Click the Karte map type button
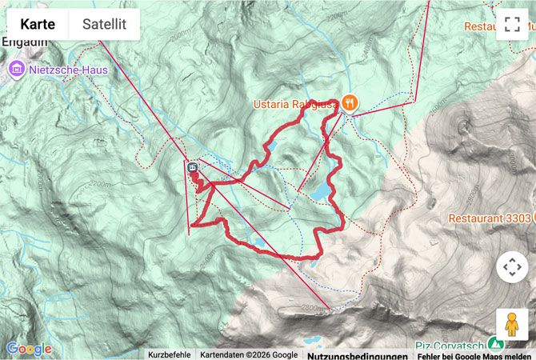(x=37, y=25)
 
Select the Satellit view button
(x=104, y=25)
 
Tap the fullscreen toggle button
(x=512, y=24)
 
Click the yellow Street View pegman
(x=512, y=325)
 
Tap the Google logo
(x=29, y=349)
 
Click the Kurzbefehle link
(x=170, y=354)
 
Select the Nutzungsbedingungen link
(x=351, y=354)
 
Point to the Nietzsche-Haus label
(x=67, y=70)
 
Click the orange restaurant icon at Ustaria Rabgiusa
(x=349, y=102)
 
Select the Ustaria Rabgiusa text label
(x=295, y=102)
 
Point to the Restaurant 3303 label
(x=490, y=218)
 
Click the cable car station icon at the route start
(x=193, y=168)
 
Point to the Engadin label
(x=19, y=43)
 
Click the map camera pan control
(x=512, y=267)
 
